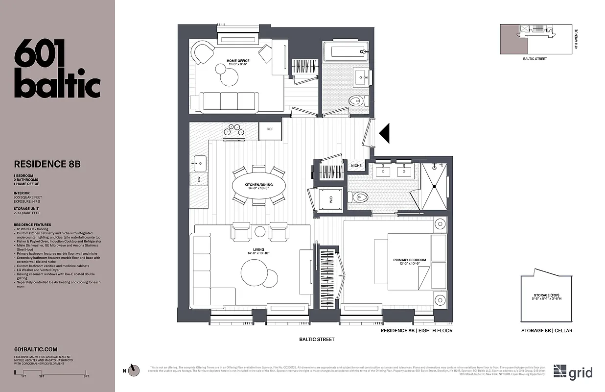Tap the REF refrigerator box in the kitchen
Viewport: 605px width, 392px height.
(270, 129)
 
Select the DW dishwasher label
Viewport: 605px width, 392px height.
(199, 179)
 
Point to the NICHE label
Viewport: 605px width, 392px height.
(356, 166)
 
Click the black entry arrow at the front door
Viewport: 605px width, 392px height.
(384, 133)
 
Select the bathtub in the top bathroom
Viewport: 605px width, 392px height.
(345, 50)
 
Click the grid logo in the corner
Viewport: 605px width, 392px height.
(573, 372)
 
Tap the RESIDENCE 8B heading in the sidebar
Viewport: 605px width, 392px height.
(47, 164)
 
